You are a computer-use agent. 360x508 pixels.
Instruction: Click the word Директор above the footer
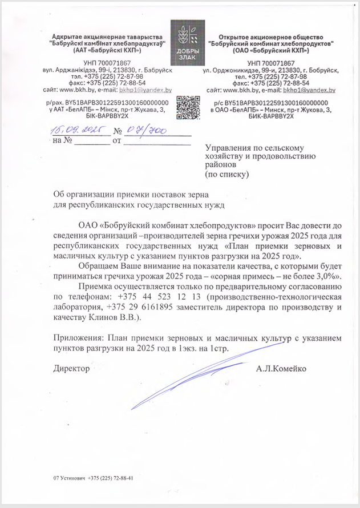(x=71, y=369)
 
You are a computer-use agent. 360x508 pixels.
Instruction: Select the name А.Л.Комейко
(x=281, y=369)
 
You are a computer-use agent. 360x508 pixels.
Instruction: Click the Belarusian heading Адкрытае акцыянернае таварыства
(x=107, y=37)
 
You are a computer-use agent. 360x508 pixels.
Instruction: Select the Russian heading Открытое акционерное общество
(x=271, y=37)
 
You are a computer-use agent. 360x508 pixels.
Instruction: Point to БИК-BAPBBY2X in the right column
(x=271, y=115)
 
